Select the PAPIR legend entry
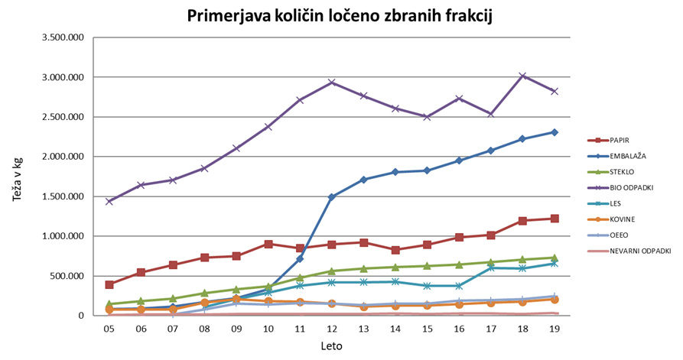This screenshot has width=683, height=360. (x=625, y=141)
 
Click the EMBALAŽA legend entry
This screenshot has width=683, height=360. (x=633, y=157)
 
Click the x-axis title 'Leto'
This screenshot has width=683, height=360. (x=332, y=346)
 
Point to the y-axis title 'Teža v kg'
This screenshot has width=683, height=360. (x=17, y=177)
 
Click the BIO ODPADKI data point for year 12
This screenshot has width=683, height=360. (x=332, y=83)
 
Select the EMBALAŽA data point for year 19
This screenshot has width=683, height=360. (x=555, y=132)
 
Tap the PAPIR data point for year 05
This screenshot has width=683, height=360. (x=109, y=284)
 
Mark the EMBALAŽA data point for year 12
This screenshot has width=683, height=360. (x=332, y=197)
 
